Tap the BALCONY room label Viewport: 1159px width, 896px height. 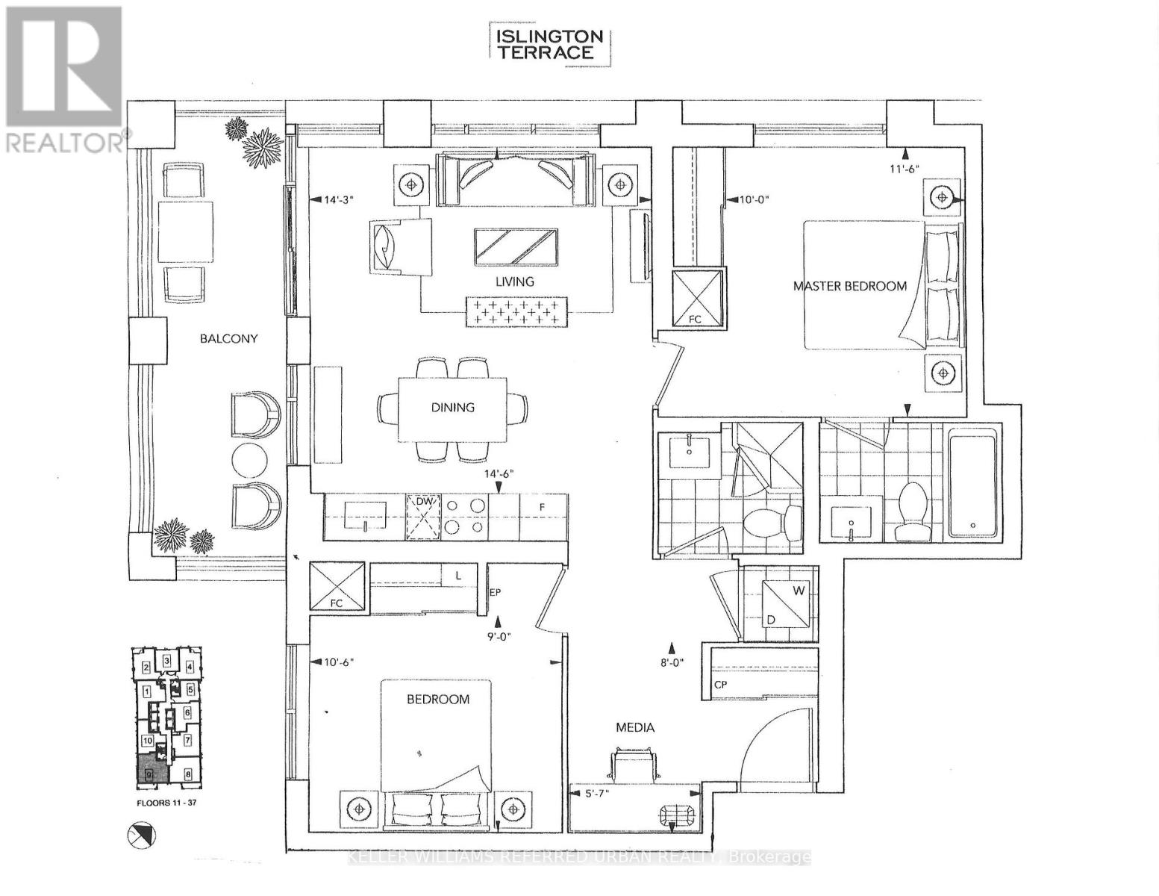[228, 338]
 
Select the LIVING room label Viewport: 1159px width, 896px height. [515, 281]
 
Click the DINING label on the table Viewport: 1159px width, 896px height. [452, 407]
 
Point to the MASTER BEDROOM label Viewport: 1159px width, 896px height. [849, 285]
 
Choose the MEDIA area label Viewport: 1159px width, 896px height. [635, 727]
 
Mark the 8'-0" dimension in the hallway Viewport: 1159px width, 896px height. [672, 662]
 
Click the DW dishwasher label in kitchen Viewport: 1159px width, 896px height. [424, 502]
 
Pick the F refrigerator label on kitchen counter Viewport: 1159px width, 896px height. [543, 506]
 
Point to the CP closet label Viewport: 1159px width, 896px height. [720, 684]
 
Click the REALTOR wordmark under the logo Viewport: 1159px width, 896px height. [66, 142]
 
